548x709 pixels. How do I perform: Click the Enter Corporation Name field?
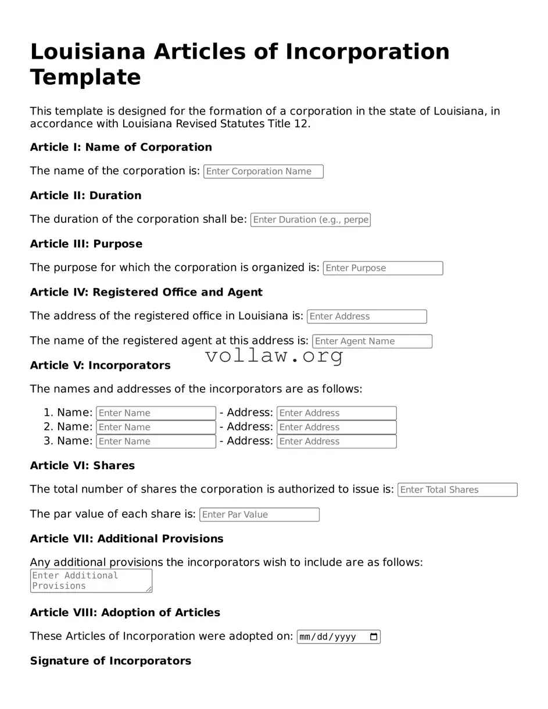(263, 171)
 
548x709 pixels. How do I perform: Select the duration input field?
(310, 219)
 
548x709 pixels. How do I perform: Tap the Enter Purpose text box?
(382, 268)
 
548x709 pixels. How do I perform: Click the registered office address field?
(367, 316)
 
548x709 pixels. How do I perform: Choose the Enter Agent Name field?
(372, 341)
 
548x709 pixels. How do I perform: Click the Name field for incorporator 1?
(156, 413)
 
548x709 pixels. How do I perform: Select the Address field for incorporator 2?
(336, 427)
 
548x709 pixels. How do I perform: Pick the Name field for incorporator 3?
(156, 441)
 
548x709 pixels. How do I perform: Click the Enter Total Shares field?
(457, 490)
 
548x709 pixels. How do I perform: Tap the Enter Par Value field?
(259, 514)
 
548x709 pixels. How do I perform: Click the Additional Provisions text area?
(91, 581)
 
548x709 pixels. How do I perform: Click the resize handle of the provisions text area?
(149, 589)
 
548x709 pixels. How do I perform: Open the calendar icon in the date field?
(374, 637)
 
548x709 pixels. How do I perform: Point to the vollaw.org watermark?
(274, 356)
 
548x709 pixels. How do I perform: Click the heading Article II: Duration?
(85, 196)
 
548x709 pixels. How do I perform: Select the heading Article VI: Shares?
(82, 466)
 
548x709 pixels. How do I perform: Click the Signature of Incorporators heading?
(110, 661)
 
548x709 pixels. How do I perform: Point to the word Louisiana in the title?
(87, 52)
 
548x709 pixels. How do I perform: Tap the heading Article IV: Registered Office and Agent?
(146, 292)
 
